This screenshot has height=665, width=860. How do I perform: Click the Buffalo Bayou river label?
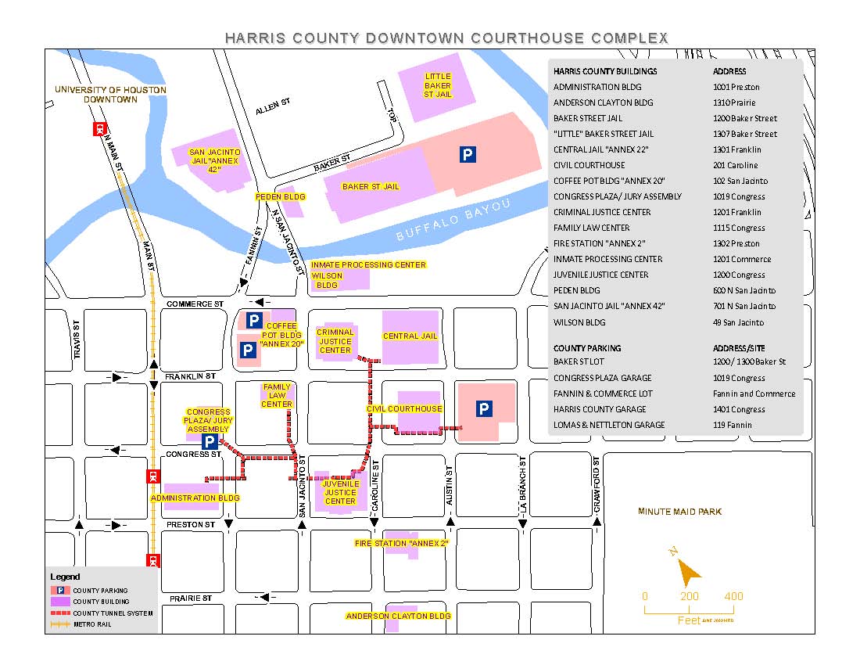coord(453,220)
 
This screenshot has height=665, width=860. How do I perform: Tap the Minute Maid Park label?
coord(679,512)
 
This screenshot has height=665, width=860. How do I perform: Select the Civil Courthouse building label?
coord(404,408)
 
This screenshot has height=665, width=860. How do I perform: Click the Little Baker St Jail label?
coord(438,85)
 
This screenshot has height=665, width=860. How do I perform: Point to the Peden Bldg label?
coord(280,197)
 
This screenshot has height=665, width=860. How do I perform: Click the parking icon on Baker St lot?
coord(467,155)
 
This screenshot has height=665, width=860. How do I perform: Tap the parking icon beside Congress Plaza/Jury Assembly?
coord(210,442)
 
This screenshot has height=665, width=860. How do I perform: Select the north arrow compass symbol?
coord(687,572)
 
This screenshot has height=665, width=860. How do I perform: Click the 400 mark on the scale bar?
coord(733,596)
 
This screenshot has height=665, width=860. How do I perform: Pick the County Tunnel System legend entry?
coord(112,613)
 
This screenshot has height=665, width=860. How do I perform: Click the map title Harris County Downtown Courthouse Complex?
coord(446,38)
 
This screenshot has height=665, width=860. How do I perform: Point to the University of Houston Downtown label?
coord(110,95)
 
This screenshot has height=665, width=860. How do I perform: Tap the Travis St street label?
coord(77,340)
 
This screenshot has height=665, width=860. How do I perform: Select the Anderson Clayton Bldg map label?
coord(399,616)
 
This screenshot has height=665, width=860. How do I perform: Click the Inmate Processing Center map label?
coord(368,265)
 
